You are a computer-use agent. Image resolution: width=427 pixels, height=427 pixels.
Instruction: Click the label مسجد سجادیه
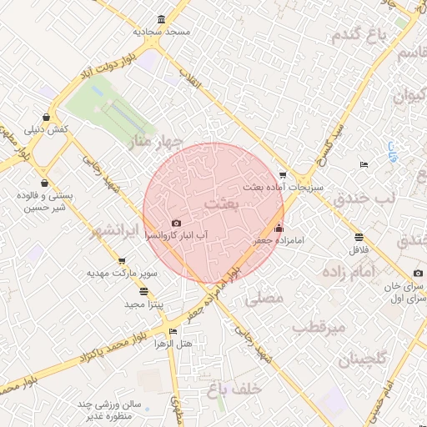[162, 31]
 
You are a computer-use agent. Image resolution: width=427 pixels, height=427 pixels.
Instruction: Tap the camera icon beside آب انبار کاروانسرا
[176, 224]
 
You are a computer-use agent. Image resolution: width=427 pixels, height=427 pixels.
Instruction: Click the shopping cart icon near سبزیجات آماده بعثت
[283, 175]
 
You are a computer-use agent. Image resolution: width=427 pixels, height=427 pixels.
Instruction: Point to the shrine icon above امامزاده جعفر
[279, 229]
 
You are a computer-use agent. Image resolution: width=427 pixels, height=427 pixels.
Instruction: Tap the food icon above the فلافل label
[359, 237]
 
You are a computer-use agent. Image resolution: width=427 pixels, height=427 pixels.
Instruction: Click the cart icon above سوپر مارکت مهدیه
[122, 262]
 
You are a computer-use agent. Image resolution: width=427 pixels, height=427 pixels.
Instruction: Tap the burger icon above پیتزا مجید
[144, 292]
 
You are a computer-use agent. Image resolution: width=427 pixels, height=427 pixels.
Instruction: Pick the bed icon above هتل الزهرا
[173, 331]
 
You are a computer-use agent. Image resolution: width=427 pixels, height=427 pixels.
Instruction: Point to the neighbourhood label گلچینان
[363, 361]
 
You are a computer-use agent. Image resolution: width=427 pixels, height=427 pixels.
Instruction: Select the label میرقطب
[319, 328]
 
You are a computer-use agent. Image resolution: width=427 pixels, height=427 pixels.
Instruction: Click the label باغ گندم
[360, 37]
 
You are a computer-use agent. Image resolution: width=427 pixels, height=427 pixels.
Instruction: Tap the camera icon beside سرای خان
[418, 274]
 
